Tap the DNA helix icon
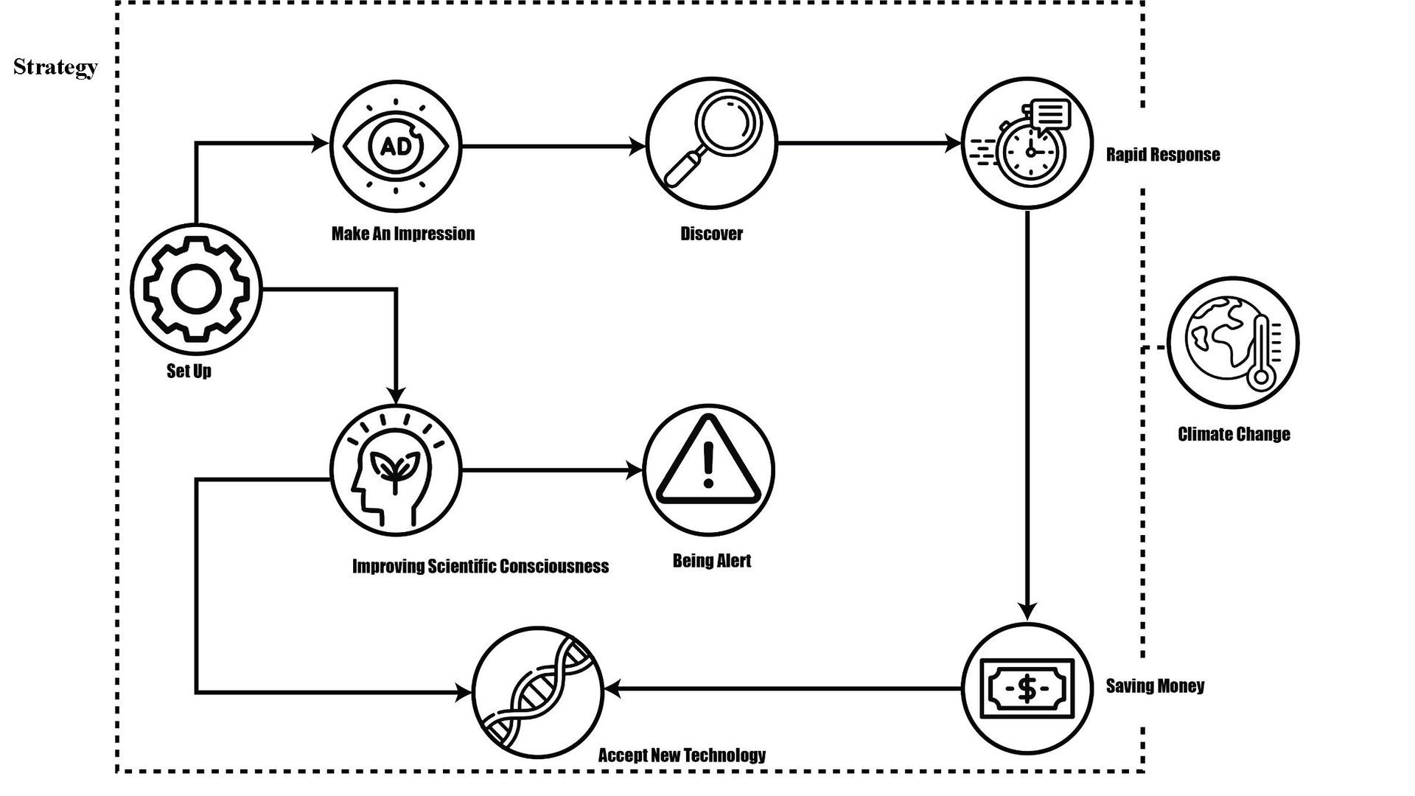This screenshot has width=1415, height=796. pyautogui.click(x=538, y=692)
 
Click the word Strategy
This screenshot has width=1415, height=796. pyautogui.click(x=55, y=67)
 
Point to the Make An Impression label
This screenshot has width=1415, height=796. pyautogui.click(x=403, y=234)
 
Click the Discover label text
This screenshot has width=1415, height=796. pyautogui.click(x=712, y=234)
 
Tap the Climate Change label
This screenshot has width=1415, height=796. pyautogui.click(x=1234, y=434)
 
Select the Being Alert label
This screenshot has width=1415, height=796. pyautogui.click(x=712, y=561)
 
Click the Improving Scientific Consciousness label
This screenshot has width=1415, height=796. pyautogui.click(x=481, y=566)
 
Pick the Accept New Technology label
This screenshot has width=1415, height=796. pyautogui.click(x=682, y=755)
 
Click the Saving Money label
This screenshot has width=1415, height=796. pyautogui.click(x=1156, y=686)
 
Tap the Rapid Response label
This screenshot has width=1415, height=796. pyautogui.click(x=1163, y=155)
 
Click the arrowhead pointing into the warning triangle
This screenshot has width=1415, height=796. pyautogui.click(x=635, y=470)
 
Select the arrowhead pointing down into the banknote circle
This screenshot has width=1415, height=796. pyautogui.click(x=1027, y=611)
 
